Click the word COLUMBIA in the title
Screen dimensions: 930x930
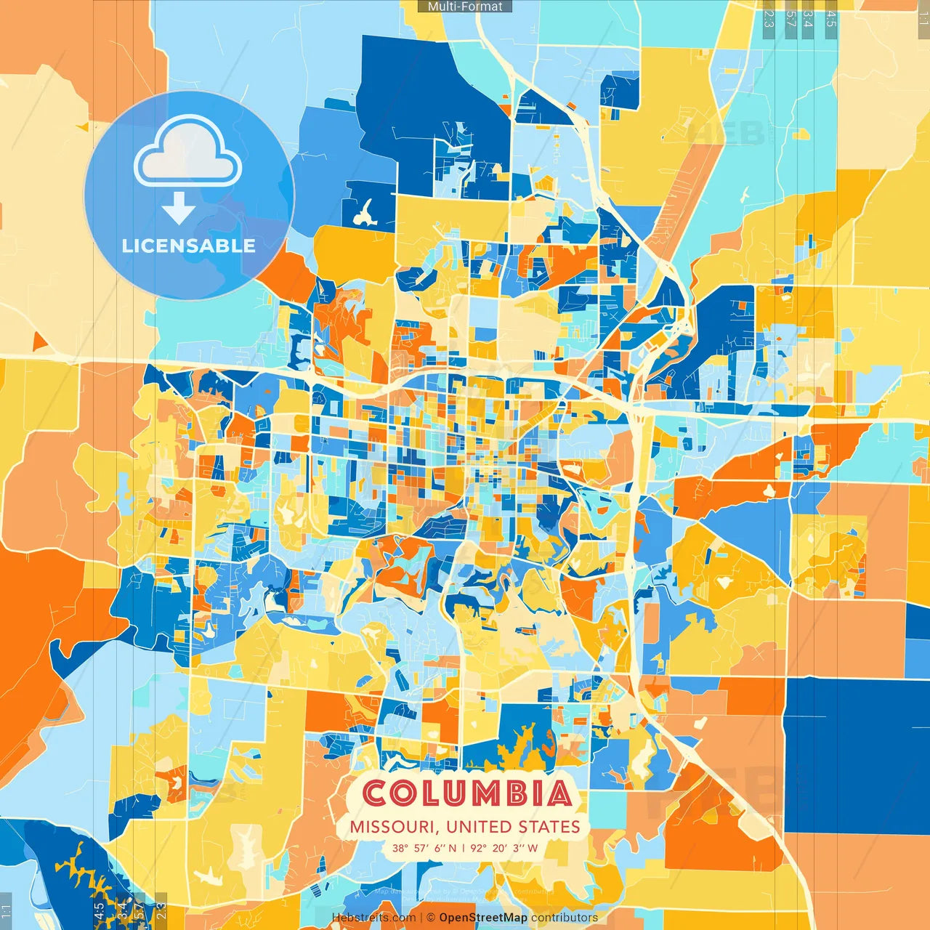point(466,793)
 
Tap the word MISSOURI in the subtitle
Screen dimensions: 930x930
point(392,827)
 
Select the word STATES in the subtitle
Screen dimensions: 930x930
point(549,827)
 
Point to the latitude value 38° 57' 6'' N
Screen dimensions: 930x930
point(425,848)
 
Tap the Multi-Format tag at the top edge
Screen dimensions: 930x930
point(465,7)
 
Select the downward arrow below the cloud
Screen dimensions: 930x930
point(179,209)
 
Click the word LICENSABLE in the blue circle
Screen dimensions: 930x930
point(189,246)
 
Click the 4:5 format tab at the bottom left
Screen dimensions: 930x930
point(99,911)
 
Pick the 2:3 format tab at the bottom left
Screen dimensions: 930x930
point(161,911)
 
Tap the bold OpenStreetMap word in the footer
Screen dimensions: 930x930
point(483,918)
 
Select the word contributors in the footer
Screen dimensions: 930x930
point(565,918)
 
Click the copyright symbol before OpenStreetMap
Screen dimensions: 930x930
point(431,918)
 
